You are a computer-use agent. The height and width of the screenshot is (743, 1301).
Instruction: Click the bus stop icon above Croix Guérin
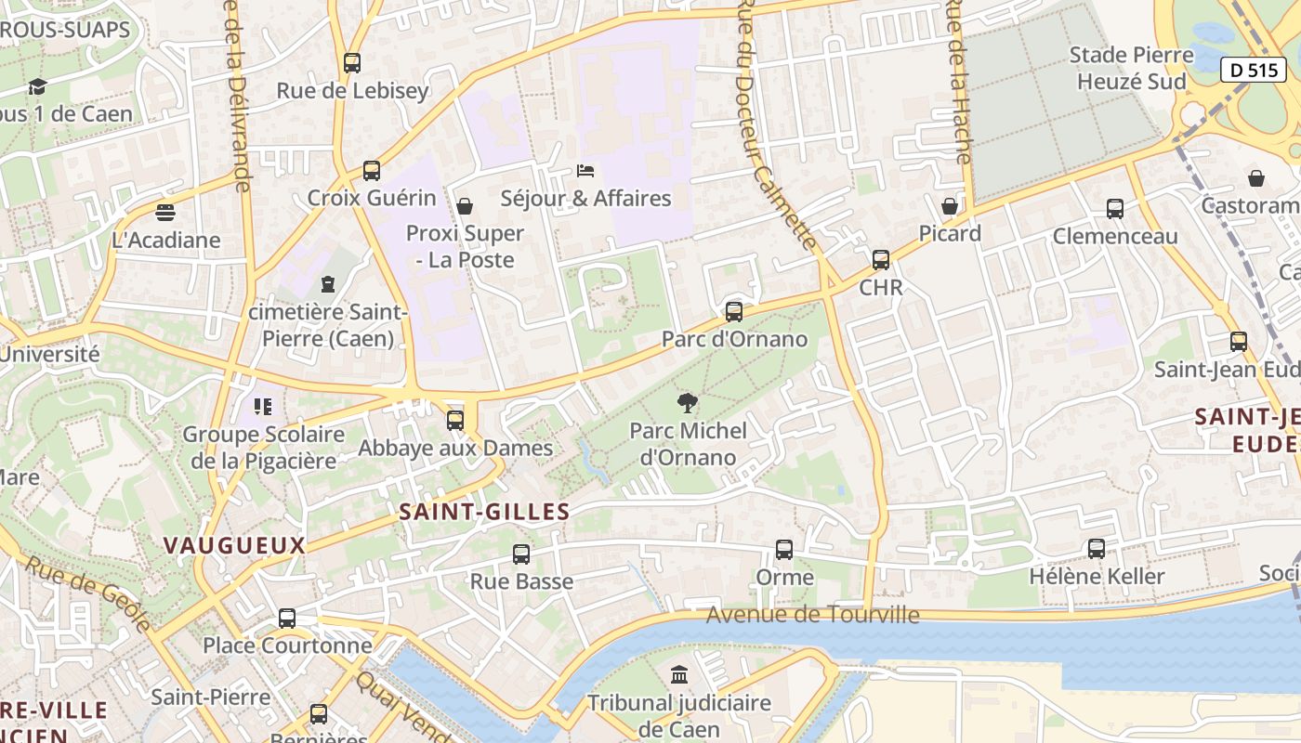372,171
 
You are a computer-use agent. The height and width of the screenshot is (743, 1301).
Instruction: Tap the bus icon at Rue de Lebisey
351,63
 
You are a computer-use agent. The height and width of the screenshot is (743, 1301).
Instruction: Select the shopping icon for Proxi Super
465,206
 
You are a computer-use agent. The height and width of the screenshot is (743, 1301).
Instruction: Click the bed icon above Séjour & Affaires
585,171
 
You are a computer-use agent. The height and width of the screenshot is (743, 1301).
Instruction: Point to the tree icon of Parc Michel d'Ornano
688,403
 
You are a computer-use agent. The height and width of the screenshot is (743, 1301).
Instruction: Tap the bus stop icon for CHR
881,260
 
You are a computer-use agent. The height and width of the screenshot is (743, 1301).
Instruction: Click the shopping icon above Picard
950,206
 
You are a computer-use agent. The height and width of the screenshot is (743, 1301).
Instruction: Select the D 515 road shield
1253,70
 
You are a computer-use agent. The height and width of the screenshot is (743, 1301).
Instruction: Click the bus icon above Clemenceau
1115,209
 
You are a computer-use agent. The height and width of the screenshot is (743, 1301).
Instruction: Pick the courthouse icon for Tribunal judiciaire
679,674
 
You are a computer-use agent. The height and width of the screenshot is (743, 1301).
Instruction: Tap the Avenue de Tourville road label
813,615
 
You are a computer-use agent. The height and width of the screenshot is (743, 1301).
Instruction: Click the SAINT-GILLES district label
484,512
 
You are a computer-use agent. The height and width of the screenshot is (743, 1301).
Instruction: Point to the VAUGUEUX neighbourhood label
234,545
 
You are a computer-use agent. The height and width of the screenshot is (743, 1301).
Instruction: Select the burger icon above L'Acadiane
165,213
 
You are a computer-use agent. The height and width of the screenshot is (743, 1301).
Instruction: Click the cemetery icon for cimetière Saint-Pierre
327,283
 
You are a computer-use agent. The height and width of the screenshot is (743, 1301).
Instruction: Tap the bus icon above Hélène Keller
1097,549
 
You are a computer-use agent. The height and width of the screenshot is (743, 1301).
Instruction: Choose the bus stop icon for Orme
784,550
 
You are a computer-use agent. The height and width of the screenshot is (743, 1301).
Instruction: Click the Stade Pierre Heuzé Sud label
1131,68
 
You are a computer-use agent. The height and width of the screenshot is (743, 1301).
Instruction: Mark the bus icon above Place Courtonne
287,619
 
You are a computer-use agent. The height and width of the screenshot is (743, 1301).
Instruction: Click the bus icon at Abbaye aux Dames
455,421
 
